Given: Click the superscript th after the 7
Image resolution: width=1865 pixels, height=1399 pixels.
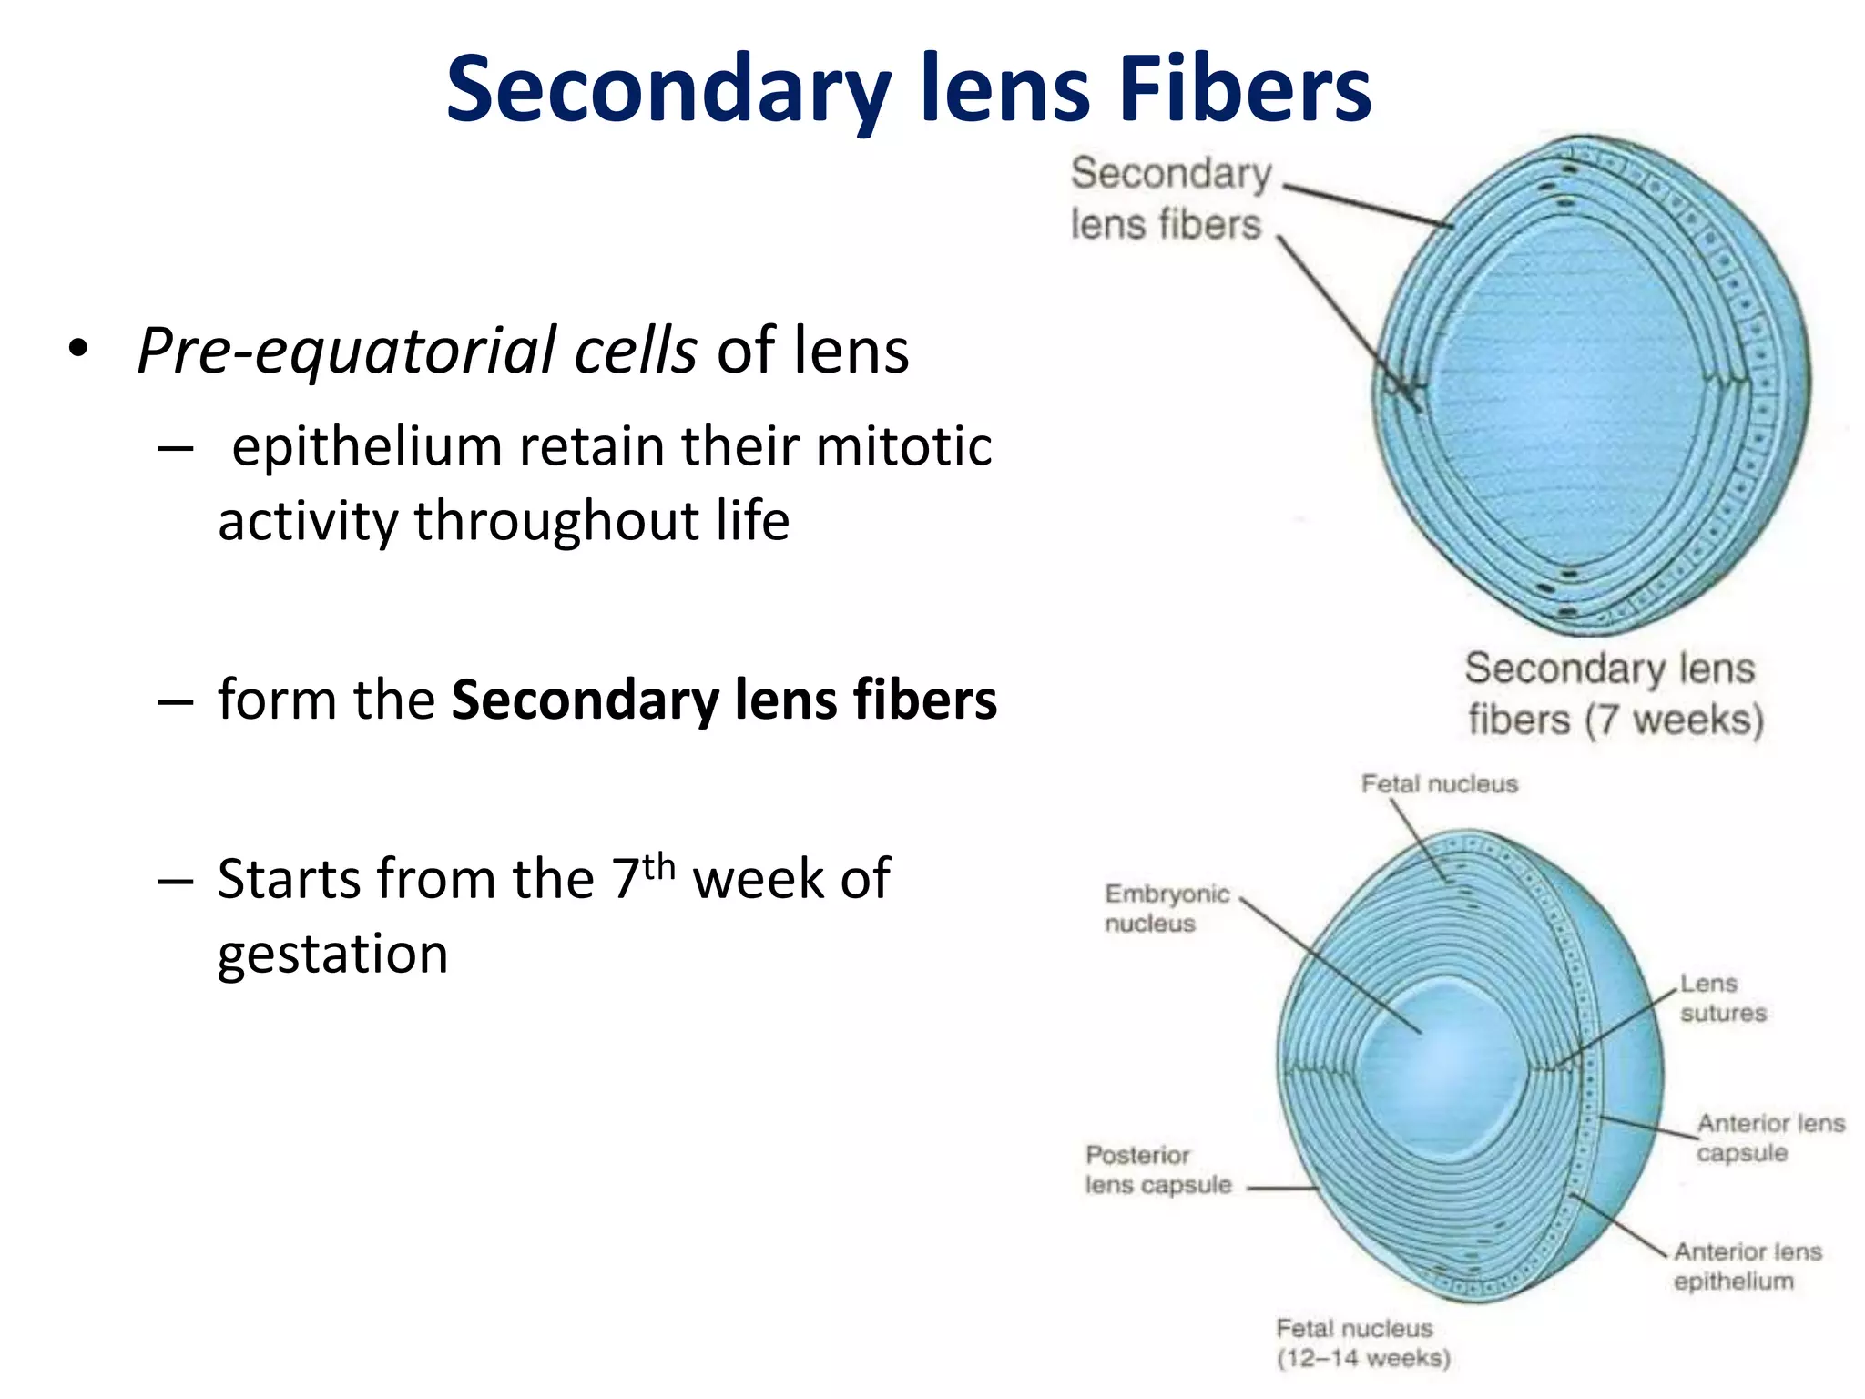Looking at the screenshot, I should click(x=659, y=865).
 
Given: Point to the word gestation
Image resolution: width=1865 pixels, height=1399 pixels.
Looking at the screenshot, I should click(x=332, y=955).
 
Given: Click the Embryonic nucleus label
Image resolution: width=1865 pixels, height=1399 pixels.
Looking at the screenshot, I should click(x=1166, y=908).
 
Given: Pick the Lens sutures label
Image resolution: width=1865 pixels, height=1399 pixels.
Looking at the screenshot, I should click(x=1721, y=998).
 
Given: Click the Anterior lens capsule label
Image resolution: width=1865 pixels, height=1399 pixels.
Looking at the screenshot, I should click(x=1768, y=1138).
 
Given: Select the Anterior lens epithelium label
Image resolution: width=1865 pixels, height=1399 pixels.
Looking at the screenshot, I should click(x=1746, y=1266).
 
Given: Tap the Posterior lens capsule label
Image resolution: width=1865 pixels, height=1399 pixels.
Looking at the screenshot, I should click(x=1157, y=1170).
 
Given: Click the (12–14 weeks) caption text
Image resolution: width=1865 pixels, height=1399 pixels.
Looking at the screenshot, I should click(x=1363, y=1358).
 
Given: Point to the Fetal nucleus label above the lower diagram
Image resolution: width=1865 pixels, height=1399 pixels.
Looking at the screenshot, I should click(x=1439, y=784).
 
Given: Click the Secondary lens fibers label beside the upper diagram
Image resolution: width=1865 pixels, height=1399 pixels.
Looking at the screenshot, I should click(x=1170, y=199).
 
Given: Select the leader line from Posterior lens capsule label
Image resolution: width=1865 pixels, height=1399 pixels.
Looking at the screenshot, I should click(x=1281, y=1189).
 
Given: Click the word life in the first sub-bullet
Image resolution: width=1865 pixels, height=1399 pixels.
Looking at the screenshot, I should click(x=752, y=521).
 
